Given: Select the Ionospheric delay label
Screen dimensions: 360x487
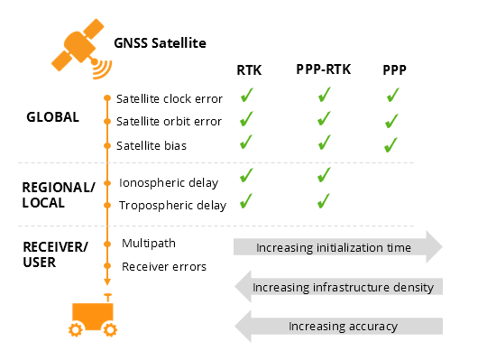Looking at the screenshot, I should (169, 182).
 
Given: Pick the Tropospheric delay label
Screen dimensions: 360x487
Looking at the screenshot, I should (171, 206).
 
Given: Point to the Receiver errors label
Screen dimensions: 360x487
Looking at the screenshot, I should (163, 266).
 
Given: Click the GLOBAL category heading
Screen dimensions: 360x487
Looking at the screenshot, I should (51, 117).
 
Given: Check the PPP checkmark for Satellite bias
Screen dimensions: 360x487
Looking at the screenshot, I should (391, 144).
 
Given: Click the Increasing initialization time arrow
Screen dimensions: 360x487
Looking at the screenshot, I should (337, 247).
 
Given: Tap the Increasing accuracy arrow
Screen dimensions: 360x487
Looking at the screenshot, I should (337, 326).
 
